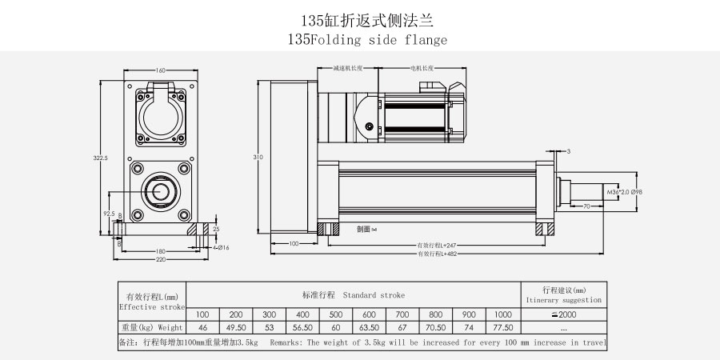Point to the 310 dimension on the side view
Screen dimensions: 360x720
pos(258,158)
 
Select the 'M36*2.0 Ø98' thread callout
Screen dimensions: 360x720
pos(625,193)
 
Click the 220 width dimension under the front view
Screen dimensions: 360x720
pos(160,259)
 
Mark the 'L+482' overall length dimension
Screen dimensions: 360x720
pos(436,254)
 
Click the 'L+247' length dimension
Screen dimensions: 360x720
pos(436,244)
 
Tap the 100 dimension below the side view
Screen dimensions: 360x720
pos(293,243)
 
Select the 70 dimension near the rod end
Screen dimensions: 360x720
pos(586,206)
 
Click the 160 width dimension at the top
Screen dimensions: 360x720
pos(160,71)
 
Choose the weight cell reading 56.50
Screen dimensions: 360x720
pos(302,327)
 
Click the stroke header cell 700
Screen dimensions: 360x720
pos(402,314)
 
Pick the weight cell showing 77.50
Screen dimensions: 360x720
pos(502,327)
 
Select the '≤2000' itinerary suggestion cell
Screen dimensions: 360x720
pos(563,314)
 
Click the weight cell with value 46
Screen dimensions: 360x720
pos(202,327)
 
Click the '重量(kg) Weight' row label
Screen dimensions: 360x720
pos(152,327)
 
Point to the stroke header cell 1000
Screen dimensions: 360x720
pos(502,314)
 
